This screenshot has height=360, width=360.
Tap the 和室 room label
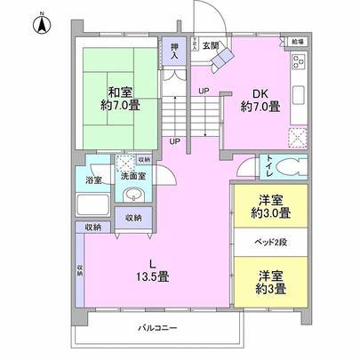click(121, 91)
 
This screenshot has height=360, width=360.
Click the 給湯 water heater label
click(296, 41)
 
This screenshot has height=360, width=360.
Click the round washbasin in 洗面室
click(133, 196)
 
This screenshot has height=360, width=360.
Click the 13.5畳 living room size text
click(153, 276)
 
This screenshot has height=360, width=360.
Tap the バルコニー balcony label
click(156, 328)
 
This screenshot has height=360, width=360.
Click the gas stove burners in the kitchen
click(298, 63)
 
